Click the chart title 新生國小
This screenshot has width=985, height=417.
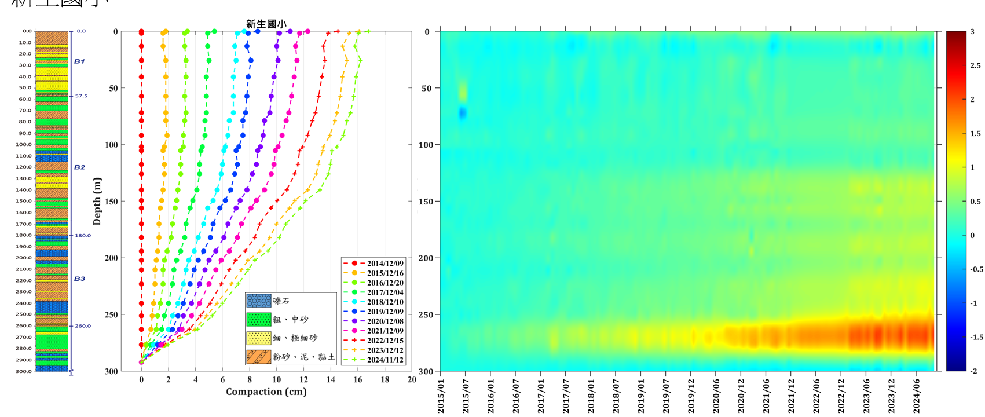[266, 24]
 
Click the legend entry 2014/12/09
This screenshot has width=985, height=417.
[385, 264]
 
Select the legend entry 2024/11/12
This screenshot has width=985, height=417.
[385, 360]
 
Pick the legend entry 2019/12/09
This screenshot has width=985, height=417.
[385, 312]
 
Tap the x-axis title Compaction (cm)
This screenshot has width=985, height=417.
[266, 392]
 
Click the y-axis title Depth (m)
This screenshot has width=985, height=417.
[97, 201]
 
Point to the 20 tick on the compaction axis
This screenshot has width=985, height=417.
[412, 380]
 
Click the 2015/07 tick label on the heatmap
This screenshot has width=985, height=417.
[466, 396]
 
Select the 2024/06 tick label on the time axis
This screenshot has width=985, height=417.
[916, 396]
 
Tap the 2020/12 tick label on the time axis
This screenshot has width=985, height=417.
[741, 396]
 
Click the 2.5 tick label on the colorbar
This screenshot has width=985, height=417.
[976, 65]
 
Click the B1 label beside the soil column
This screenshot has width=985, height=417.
[79, 61]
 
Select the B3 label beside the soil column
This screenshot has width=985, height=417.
[79, 279]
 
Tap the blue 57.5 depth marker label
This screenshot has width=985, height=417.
[81, 96]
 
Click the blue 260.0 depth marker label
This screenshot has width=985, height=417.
[83, 326]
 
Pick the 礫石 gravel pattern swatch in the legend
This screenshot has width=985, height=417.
[258, 301]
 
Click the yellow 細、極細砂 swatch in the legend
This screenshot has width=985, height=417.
[258, 338]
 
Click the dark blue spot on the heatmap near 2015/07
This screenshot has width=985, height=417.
[463, 113]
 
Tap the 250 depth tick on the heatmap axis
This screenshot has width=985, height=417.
[426, 314]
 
